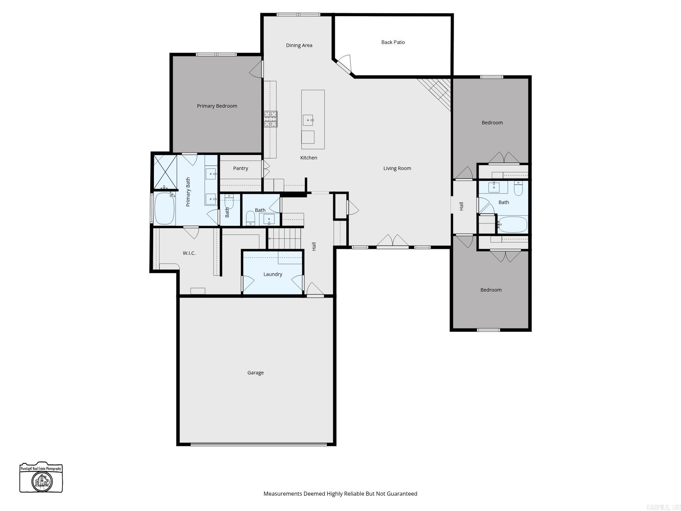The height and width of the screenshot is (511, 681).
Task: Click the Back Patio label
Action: click(x=393, y=42)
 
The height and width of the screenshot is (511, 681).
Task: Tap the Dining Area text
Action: click(x=299, y=45)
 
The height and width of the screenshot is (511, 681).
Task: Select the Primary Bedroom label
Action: click(x=217, y=106)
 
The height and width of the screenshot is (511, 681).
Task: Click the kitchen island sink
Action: click(x=308, y=120)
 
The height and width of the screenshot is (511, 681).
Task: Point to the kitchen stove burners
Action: click(x=271, y=119)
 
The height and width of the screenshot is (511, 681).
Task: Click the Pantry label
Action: click(x=240, y=168)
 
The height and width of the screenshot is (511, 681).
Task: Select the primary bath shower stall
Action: click(x=165, y=172)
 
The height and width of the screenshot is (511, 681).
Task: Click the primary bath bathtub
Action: click(x=164, y=208)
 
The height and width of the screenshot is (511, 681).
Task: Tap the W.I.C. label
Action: click(x=189, y=253)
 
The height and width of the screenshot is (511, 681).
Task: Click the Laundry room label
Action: click(x=273, y=274)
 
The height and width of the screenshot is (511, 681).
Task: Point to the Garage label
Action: click(x=255, y=373)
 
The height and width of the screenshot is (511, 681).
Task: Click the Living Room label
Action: click(x=397, y=168)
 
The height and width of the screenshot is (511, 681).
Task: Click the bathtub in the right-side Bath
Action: click(x=512, y=224)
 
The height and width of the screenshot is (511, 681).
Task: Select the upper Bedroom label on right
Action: click(x=492, y=123)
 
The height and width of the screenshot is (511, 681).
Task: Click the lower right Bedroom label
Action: click(x=491, y=290)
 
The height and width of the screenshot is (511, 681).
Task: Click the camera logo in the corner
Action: click(x=41, y=477)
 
